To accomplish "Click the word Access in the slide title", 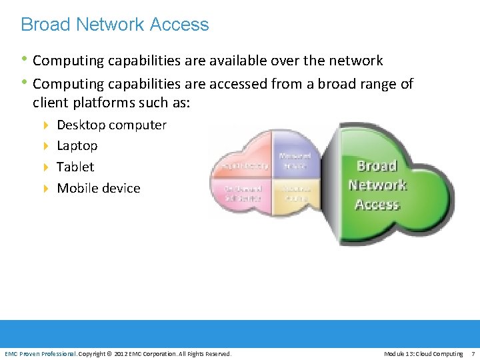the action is pyautogui.click(x=179, y=25).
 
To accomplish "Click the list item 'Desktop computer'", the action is pyautogui.click(x=111, y=125).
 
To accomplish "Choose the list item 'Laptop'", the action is pyautogui.click(x=77, y=145).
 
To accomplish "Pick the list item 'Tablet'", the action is pyautogui.click(x=75, y=167).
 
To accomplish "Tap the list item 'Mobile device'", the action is pyautogui.click(x=98, y=188).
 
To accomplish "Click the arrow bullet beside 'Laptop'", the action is pyautogui.click(x=46, y=146).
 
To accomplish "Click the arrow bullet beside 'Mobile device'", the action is pyautogui.click(x=46, y=189).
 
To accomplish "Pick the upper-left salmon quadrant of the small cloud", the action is pyautogui.click(x=244, y=160).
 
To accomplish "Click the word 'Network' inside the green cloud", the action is pyautogui.click(x=377, y=185).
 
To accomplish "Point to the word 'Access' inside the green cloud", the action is pyautogui.click(x=377, y=204).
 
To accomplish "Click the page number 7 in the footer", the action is pyautogui.click(x=473, y=353).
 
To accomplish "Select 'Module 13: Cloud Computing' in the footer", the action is pyautogui.click(x=423, y=353).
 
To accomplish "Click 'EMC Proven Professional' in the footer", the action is pyautogui.click(x=41, y=353).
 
